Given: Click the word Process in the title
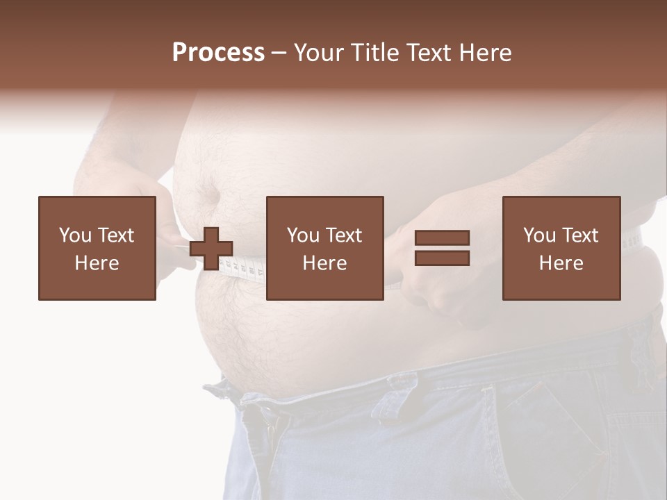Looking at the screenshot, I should tap(218, 53).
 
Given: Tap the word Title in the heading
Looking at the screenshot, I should tap(374, 53).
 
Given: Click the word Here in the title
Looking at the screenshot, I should tap(486, 53).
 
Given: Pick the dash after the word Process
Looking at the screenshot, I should tap(279, 53).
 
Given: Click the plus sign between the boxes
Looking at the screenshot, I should tap(211, 249).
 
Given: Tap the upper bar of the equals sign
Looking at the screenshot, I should tap(442, 237).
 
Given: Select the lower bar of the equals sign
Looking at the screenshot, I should tap(442, 258).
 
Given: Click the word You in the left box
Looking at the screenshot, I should tap(74, 235).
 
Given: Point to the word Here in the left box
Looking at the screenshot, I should tap(97, 263).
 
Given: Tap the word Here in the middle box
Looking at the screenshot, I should tap(324, 263).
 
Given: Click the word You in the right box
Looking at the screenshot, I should tap(539, 235).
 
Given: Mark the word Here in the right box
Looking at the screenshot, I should tap(561, 263).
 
